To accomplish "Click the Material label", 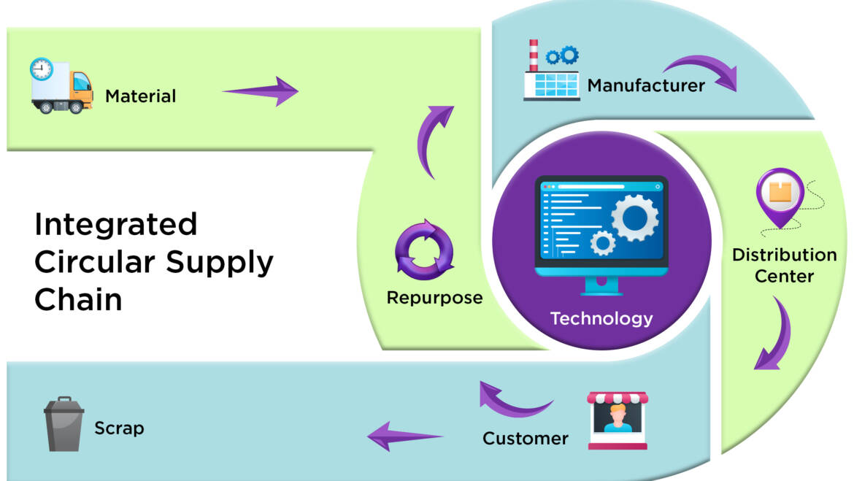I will pyautogui.click(x=140, y=96).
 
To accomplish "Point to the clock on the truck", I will pyautogui.click(x=42, y=69).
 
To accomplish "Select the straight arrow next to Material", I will pyautogui.click(x=260, y=91).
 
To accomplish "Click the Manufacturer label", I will pyautogui.click(x=646, y=85).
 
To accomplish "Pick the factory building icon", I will pyautogui.click(x=551, y=72).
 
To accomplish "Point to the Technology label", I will pyautogui.click(x=601, y=318).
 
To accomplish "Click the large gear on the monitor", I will pyautogui.click(x=634, y=217).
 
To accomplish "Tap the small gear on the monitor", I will pyautogui.click(x=603, y=242).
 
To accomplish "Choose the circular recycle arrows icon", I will pyautogui.click(x=423, y=251).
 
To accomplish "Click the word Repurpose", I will pyautogui.click(x=434, y=298).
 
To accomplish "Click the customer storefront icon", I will pyautogui.click(x=618, y=420).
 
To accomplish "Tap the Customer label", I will pyautogui.click(x=525, y=439).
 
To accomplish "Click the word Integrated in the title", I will pyautogui.click(x=116, y=224).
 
